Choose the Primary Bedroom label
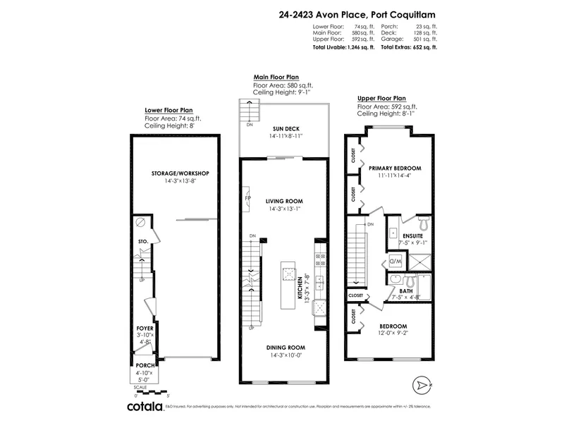395,168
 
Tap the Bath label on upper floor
407,290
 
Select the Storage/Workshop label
175,173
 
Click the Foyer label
145,329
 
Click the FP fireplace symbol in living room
246,199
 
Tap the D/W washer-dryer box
395,262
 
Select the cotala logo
147,407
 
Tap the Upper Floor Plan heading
382,98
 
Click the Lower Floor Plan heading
169,111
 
